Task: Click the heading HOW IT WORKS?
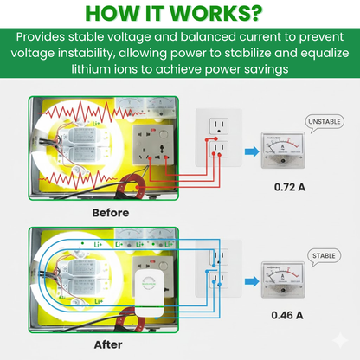point(179,14)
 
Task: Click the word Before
point(109,212)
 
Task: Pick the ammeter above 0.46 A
point(282,281)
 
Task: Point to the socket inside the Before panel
point(155,145)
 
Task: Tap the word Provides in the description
point(48,38)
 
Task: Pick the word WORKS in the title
point(214,14)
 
